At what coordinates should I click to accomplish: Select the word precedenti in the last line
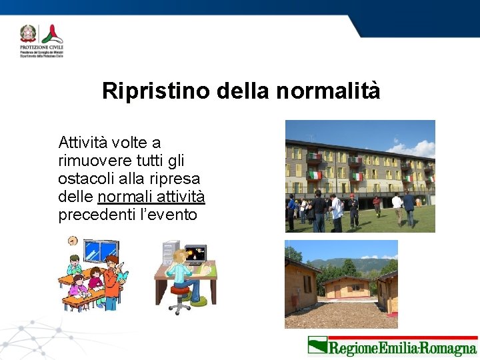click(91, 215)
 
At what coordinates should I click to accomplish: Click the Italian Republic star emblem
click(29, 34)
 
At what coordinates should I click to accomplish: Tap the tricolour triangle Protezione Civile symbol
click(51, 34)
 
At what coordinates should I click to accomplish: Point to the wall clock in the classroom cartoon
click(72, 241)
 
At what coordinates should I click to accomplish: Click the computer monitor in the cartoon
click(195, 255)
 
